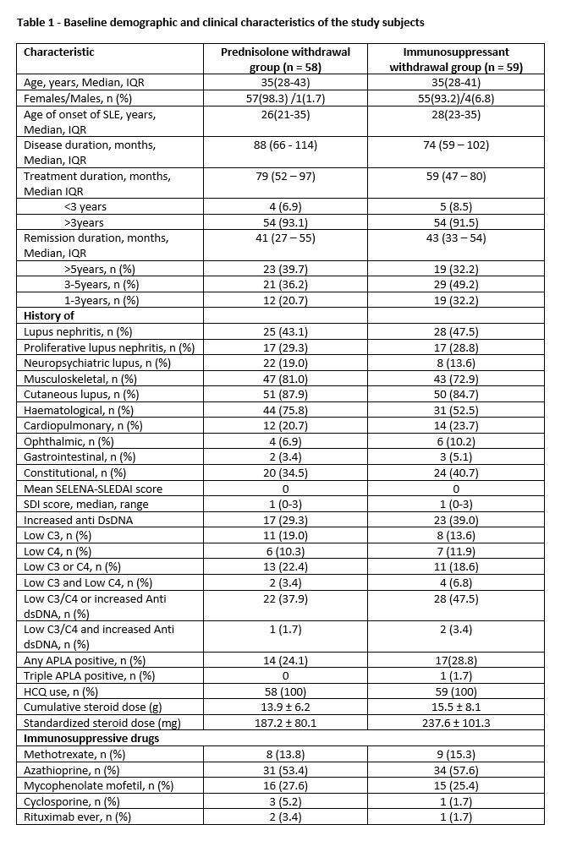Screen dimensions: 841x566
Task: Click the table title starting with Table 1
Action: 220,21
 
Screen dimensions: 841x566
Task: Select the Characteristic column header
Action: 59,52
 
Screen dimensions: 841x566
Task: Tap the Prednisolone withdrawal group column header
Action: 285,59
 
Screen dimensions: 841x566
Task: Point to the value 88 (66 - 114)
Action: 285,145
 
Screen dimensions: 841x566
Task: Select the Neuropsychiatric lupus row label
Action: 97,363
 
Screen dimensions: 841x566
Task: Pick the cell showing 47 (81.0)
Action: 285,378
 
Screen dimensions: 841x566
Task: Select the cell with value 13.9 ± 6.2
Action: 285,707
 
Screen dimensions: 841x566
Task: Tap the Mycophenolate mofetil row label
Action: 98,785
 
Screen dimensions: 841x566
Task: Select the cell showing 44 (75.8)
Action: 285,409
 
